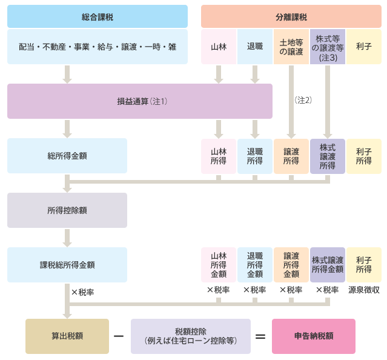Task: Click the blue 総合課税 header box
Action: pyautogui.click(x=98, y=16)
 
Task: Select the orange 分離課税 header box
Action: pyautogui.click(x=291, y=16)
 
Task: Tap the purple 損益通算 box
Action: pyautogui.click(x=140, y=101)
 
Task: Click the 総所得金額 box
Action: pyautogui.click(x=67, y=156)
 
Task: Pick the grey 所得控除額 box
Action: pyautogui.click(x=67, y=210)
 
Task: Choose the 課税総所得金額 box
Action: pyautogui.click(x=67, y=265)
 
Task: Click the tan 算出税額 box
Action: pyautogui.click(x=67, y=336)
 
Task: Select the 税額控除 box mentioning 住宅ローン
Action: pyautogui.click(x=191, y=336)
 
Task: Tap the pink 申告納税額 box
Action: pyautogui.click(x=314, y=336)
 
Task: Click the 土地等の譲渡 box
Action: pyautogui.click(x=291, y=47)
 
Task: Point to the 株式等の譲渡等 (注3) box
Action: pyautogui.click(x=328, y=47)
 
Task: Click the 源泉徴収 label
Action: pyautogui.click(x=364, y=290)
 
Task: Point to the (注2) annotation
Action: pyautogui.click(x=303, y=100)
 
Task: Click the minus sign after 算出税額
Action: pyautogui.click(x=119, y=336)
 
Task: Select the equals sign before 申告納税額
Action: pyautogui.click(x=260, y=336)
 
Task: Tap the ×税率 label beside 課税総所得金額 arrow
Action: pyautogui.click(x=83, y=292)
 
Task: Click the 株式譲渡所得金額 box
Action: pyautogui.click(x=328, y=265)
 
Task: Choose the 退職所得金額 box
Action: pyautogui.click(x=255, y=265)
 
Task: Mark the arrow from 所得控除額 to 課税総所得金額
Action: pyautogui.click(x=67, y=238)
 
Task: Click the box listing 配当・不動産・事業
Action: pyautogui.click(x=98, y=47)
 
